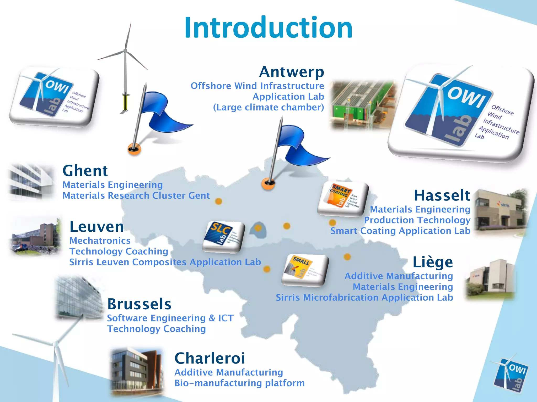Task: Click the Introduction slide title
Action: (x=268, y=27)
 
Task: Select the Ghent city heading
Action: (x=85, y=171)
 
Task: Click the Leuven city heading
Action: (x=96, y=227)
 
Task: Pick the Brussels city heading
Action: (x=139, y=304)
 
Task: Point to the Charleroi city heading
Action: (x=210, y=358)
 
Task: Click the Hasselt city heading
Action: (x=442, y=196)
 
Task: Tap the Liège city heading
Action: (x=433, y=262)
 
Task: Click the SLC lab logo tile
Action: (x=223, y=237)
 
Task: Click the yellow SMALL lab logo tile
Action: (x=305, y=270)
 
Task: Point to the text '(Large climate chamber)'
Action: (x=268, y=107)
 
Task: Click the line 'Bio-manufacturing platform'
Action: (x=239, y=383)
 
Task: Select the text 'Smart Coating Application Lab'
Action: (x=400, y=231)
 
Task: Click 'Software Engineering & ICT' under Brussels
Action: (x=170, y=318)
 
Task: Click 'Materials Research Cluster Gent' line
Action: (x=136, y=196)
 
